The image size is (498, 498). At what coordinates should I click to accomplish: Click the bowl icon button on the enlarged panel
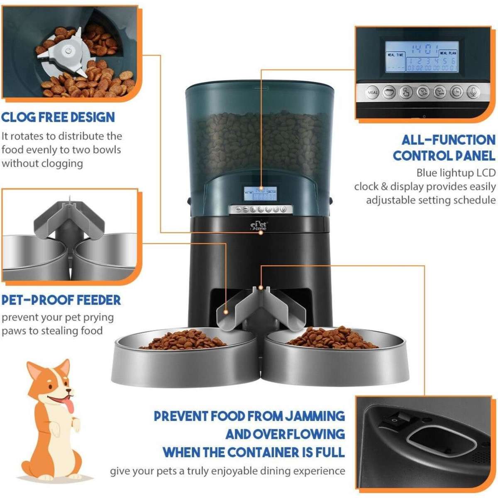[389, 92]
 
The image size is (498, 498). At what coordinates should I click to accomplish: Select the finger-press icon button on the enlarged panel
[406, 92]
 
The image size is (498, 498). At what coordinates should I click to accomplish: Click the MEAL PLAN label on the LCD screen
[448, 54]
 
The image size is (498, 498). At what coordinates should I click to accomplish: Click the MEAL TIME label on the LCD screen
[395, 55]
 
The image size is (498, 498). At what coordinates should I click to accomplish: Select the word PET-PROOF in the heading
[37, 300]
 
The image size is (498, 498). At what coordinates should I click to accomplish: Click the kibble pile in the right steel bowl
[332, 337]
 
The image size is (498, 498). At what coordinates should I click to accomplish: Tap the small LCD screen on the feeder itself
[260, 194]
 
